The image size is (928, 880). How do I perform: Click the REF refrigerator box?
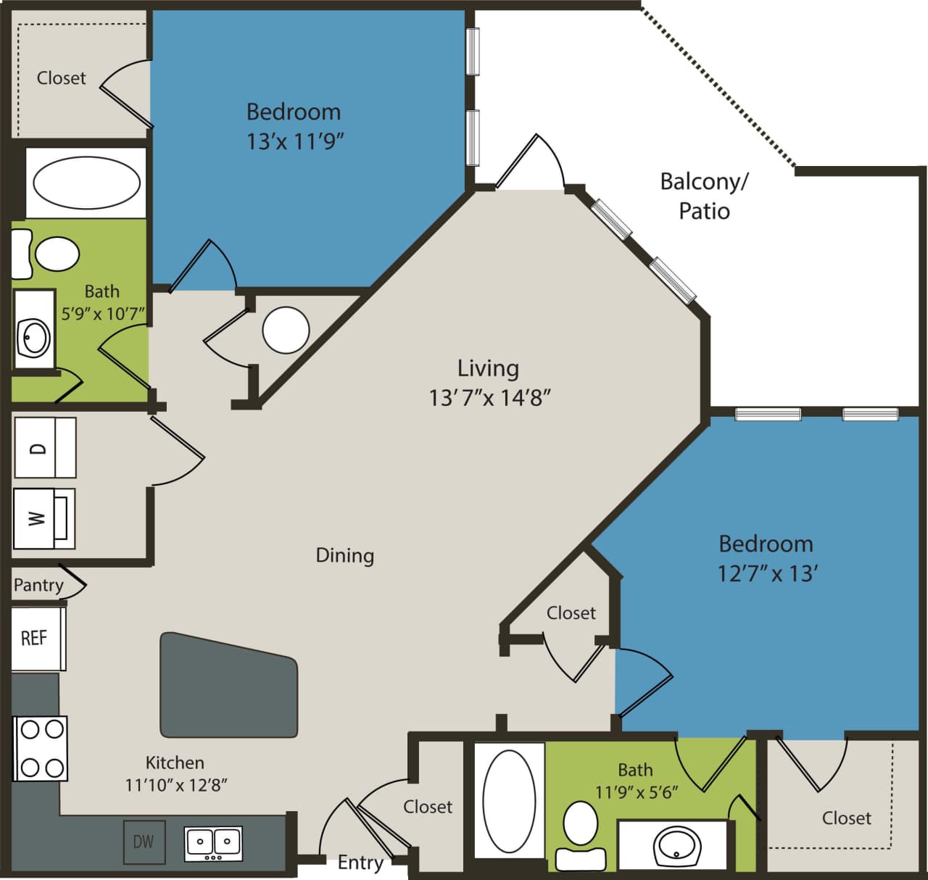36,638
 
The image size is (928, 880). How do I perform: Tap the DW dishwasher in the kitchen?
144,841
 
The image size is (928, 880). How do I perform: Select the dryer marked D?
44,447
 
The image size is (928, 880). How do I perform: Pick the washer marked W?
43,518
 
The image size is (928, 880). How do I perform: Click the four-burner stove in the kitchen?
41,748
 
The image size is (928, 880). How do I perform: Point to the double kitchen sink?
213,843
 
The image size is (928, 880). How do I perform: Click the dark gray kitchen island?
228,686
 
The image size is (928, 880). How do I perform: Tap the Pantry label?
38,585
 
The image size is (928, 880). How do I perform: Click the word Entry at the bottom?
360,863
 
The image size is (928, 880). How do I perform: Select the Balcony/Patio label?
703,196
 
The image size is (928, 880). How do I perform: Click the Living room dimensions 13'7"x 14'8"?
489,398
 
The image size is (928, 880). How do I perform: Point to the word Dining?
345,556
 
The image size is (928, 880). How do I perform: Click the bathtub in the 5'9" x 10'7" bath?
86,183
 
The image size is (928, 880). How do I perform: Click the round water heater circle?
286,330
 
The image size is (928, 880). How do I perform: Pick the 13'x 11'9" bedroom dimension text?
294,141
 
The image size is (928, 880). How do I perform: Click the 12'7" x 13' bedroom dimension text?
768,574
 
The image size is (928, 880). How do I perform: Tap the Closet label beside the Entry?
428,807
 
